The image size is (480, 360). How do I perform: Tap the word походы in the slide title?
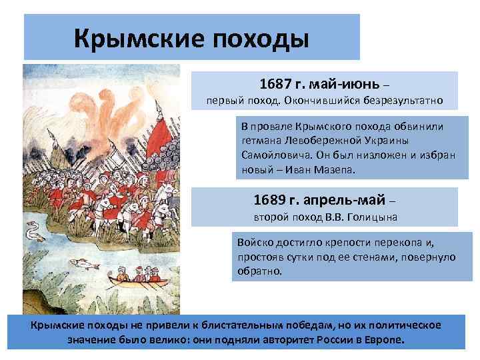[261, 38]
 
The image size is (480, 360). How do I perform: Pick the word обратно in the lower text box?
[259, 272]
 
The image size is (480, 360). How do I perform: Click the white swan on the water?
[31, 232]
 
